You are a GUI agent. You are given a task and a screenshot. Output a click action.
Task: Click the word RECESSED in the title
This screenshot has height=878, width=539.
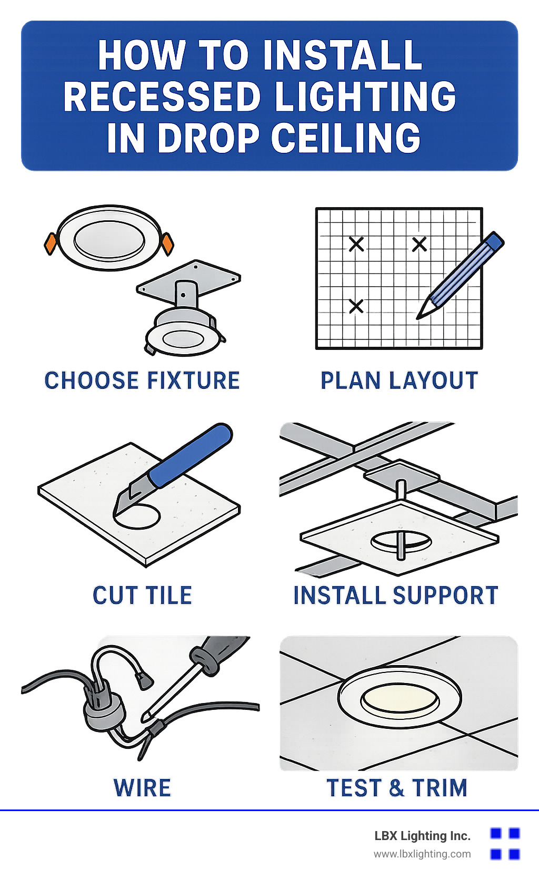(x=162, y=96)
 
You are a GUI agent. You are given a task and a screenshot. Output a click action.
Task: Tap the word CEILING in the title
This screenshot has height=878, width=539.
(x=345, y=138)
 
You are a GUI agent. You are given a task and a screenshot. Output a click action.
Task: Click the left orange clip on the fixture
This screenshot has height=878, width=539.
(x=51, y=244)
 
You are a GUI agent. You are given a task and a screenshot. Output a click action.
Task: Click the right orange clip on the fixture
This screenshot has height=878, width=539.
(x=167, y=244)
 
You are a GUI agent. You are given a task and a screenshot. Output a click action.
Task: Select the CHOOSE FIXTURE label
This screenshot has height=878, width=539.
(x=142, y=380)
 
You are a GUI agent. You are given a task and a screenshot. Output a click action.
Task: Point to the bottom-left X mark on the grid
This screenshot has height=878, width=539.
(x=356, y=306)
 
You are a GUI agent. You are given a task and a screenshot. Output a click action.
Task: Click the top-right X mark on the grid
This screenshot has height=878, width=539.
(x=419, y=244)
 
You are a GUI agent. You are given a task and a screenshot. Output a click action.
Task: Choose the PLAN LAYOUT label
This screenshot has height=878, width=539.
(x=400, y=380)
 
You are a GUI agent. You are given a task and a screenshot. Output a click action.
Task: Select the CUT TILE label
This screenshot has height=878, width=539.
(x=142, y=595)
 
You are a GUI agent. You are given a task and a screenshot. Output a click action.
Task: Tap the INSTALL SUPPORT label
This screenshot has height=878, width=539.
(x=396, y=595)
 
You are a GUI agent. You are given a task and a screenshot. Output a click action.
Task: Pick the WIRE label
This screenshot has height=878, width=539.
(x=142, y=787)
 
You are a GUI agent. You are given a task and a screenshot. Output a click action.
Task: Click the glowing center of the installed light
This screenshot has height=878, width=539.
(x=400, y=698)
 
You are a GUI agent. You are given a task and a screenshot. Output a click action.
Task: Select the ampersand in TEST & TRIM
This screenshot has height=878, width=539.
(x=396, y=787)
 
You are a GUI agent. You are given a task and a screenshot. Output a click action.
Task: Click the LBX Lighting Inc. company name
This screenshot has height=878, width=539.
(x=422, y=836)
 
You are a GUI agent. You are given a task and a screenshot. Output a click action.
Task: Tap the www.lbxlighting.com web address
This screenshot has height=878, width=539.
(x=422, y=854)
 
